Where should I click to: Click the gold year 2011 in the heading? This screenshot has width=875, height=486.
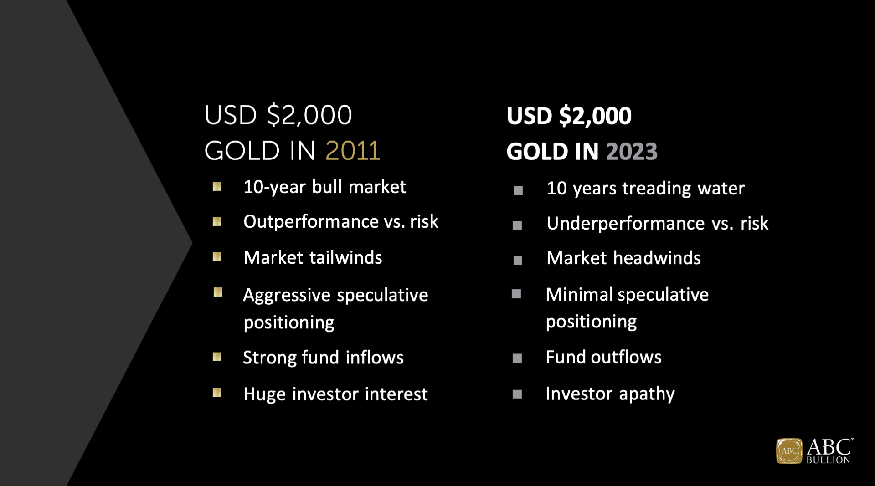pyautogui.click(x=353, y=151)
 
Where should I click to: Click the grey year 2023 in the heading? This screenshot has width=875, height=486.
pyautogui.click(x=632, y=151)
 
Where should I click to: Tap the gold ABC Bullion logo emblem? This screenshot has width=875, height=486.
pyautogui.click(x=789, y=451)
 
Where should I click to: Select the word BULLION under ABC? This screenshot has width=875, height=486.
pyautogui.click(x=828, y=460)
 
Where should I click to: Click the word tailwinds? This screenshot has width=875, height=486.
pyautogui.click(x=345, y=258)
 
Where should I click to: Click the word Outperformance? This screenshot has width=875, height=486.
pyautogui.click(x=311, y=222)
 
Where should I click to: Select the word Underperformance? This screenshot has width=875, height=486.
pyautogui.click(x=626, y=224)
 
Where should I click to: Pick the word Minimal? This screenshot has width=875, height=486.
pyautogui.click(x=579, y=295)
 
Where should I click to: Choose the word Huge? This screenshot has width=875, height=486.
pyautogui.click(x=265, y=394)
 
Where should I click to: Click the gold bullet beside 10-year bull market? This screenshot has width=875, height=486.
pyautogui.click(x=217, y=187)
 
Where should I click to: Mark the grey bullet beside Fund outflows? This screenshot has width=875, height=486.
pyautogui.click(x=517, y=358)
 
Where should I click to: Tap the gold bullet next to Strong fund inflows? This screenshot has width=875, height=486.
pyautogui.click(x=217, y=357)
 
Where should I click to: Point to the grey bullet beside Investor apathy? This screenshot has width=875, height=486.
pyautogui.click(x=517, y=394)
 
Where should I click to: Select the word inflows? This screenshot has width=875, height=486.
pyautogui.click(x=375, y=358)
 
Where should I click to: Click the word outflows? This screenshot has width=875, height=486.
pyautogui.click(x=626, y=358)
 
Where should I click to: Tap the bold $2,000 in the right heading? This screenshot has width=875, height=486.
pyautogui.click(x=595, y=116)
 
